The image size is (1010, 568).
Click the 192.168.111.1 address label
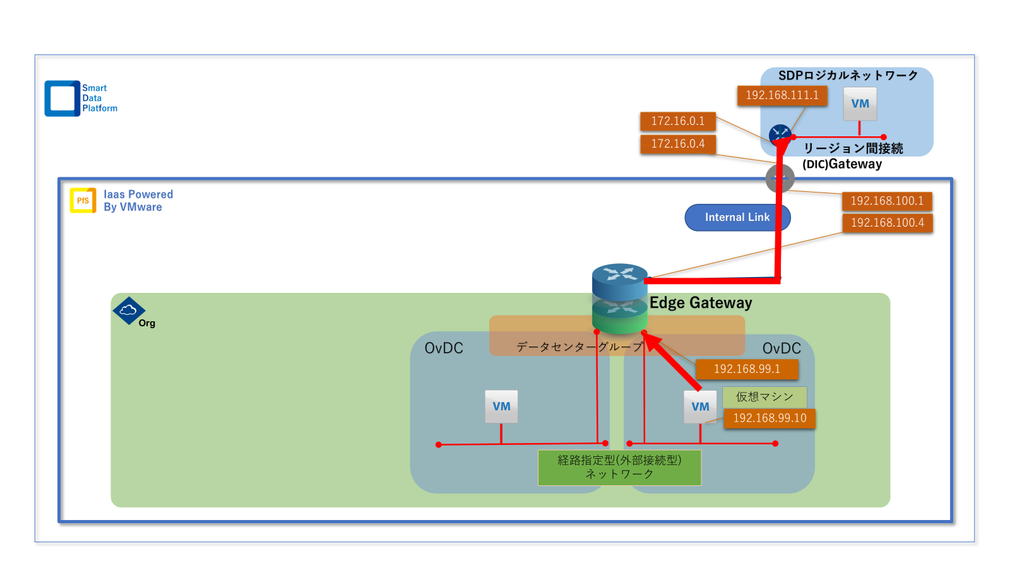pyautogui.click(x=781, y=95)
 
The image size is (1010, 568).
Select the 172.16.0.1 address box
pyautogui.click(x=677, y=121)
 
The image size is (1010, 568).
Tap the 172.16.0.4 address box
pyautogui.click(x=677, y=144)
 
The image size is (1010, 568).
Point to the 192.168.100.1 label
pyautogui.click(x=886, y=201)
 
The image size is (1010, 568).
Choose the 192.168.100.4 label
pyautogui.click(x=887, y=223)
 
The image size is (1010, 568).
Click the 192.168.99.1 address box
pyautogui.click(x=746, y=369)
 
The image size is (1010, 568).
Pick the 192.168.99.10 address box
pyautogui.click(x=769, y=418)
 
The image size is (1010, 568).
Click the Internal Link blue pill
pyautogui.click(x=737, y=218)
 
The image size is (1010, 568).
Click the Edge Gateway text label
pyautogui.click(x=701, y=303)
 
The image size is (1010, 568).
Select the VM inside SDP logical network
pyautogui.click(x=860, y=104)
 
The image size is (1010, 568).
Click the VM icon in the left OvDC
pyautogui.click(x=501, y=406)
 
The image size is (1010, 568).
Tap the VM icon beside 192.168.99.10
pyautogui.click(x=700, y=407)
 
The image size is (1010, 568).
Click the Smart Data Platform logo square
pyautogui.click(x=62, y=98)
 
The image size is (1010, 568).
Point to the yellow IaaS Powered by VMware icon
pyautogui.click(x=83, y=201)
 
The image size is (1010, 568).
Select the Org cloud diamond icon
pyautogui.click(x=129, y=311)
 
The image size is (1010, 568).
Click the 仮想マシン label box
pyautogui.click(x=764, y=397)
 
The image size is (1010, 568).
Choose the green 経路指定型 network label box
pyautogui.click(x=619, y=468)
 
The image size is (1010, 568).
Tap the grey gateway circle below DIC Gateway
pyautogui.click(x=780, y=178)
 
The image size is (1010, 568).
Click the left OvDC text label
pyautogui.click(x=444, y=348)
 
